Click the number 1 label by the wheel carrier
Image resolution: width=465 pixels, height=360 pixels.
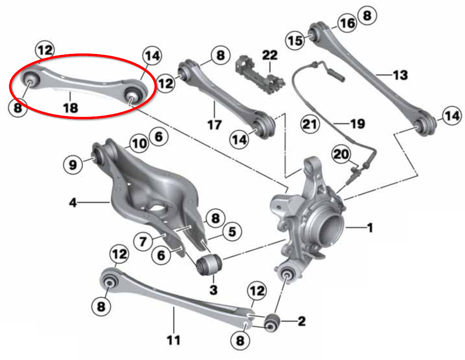point(370,227)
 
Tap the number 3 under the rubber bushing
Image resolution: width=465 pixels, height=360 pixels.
point(213,290)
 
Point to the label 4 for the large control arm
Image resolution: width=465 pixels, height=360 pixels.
point(73,202)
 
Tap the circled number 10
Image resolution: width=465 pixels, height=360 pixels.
point(139,144)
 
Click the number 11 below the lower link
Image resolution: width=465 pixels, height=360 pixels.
point(173,341)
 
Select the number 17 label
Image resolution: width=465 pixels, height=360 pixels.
point(214,125)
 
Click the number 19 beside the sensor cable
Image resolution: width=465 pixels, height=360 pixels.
point(357,124)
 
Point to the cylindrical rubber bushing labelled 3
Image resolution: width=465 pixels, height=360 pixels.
point(209,264)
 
